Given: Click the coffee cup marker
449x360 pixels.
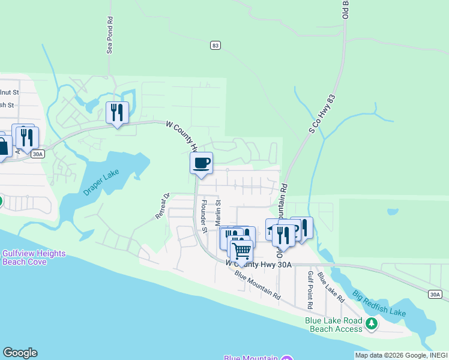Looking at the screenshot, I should (201, 163).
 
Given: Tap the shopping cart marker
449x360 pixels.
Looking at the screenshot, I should (241, 250).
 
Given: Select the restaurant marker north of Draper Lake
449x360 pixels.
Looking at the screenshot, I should (117, 112).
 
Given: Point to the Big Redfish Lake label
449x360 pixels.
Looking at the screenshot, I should (379, 304).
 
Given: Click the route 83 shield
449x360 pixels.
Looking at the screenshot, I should (215, 45).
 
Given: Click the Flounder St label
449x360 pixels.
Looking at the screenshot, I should (203, 216).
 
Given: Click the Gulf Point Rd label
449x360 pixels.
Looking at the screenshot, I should (311, 285).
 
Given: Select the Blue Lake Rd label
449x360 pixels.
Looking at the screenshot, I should (331, 287).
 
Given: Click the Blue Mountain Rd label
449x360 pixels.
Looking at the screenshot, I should (258, 286).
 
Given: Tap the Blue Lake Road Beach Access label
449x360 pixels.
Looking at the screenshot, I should (334, 325).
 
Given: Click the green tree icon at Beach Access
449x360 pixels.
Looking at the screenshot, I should (372, 324).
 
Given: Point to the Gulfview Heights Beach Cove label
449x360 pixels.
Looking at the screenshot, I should (34, 257).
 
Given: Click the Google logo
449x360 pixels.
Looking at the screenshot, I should (20, 353).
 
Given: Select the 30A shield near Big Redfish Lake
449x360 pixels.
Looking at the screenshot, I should (436, 294).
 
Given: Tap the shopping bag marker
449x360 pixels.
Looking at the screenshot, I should (2, 146).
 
